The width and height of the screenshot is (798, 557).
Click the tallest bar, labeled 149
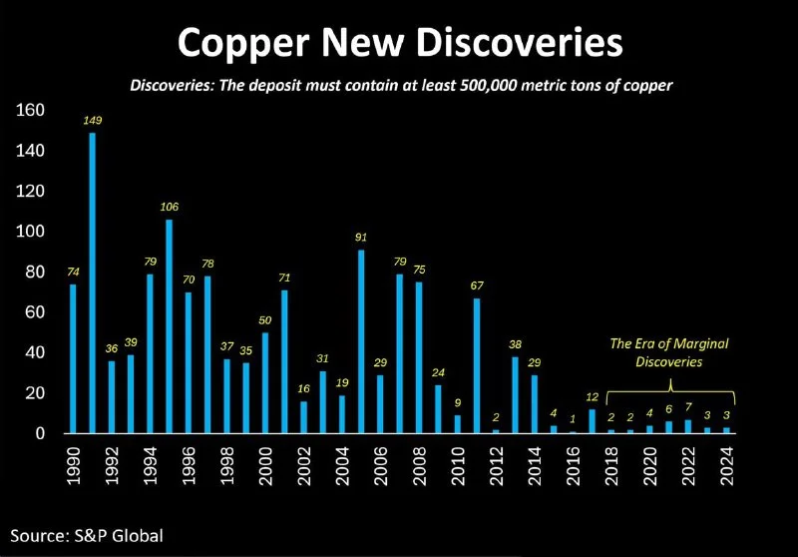click(x=92, y=283)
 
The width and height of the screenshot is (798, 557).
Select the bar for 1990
click(x=73, y=358)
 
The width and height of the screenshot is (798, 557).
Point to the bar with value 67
click(x=476, y=365)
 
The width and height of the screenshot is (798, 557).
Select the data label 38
click(x=515, y=345)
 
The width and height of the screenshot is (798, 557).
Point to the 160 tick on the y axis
click(x=31, y=110)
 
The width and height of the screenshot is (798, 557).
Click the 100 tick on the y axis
click(x=31, y=232)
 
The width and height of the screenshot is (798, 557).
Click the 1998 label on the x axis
click(x=226, y=465)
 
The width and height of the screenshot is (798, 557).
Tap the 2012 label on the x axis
click(x=496, y=465)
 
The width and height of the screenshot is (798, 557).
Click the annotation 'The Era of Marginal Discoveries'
click(x=669, y=351)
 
